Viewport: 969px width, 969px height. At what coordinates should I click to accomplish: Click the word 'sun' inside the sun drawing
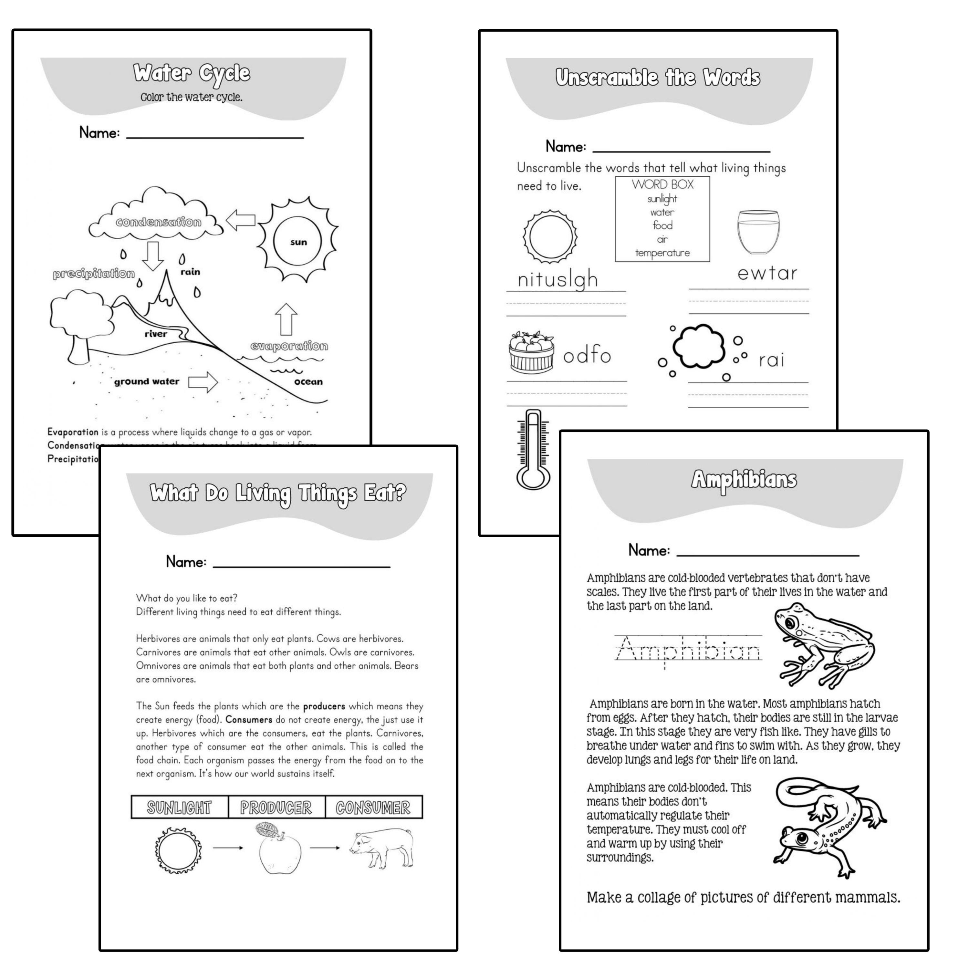pyautogui.click(x=298, y=242)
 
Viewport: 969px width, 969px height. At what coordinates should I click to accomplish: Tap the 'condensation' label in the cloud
pyautogui.click(x=159, y=222)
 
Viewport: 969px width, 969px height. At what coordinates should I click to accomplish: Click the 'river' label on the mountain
pyautogui.click(x=156, y=334)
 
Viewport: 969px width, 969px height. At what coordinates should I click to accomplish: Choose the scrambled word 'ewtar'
pyautogui.click(x=767, y=273)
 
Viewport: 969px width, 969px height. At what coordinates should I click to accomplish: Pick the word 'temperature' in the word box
pyautogui.click(x=662, y=253)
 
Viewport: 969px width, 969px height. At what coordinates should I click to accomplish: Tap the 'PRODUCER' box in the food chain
pyautogui.click(x=276, y=807)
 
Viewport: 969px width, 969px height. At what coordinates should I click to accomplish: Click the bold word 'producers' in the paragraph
pyautogui.click(x=324, y=706)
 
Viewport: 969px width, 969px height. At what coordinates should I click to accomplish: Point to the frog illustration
pyautogui.click(x=823, y=644)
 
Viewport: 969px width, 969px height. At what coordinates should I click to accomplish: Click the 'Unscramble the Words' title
pyautogui.click(x=658, y=78)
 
